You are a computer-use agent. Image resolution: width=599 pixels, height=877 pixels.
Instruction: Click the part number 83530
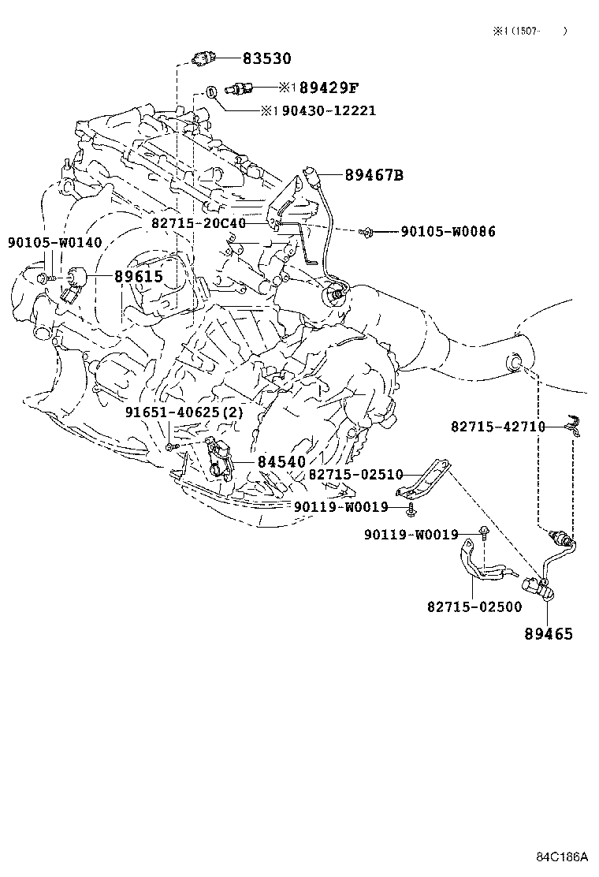(266, 58)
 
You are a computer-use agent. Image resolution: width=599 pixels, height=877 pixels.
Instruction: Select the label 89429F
(329, 88)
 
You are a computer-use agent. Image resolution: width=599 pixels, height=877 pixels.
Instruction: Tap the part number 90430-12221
(329, 110)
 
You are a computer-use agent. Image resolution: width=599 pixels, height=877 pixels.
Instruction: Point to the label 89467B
(374, 175)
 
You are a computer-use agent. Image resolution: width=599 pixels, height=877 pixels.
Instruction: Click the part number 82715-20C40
(199, 223)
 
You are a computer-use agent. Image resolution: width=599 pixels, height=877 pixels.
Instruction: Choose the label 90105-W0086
(448, 231)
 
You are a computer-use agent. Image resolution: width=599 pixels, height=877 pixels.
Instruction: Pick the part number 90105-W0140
(54, 242)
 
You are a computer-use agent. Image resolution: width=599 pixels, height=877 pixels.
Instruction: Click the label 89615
(139, 276)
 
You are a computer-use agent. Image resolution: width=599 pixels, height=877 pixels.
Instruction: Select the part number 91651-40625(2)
(184, 412)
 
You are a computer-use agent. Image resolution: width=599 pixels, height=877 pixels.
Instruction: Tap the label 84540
(281, 462)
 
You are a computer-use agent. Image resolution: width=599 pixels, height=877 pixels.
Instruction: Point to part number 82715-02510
(356, 474)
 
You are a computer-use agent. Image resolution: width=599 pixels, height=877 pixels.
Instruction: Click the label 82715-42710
(498, 427)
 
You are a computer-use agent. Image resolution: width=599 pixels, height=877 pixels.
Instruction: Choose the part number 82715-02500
(474, 606)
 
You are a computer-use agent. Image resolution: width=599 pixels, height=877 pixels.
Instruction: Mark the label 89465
(549, 634)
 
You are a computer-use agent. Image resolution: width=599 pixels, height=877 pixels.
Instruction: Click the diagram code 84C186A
(563, 856)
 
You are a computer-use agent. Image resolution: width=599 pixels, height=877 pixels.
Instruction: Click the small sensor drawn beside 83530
(203, 57)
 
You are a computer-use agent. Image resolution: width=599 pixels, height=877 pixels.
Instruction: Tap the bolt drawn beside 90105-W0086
(366, 230)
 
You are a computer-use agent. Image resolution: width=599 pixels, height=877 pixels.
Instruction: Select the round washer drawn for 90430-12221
(211, 91)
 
